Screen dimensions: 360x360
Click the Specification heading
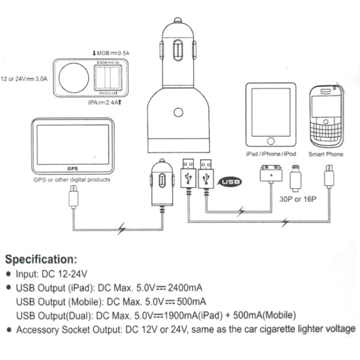[x=41, y=260]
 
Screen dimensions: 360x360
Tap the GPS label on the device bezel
[x=72, y=168]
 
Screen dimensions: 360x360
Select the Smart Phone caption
[x=326, y=154]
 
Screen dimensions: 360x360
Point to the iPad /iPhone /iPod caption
[x=270, y=154]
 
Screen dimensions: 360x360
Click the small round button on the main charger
[x=179, y=113]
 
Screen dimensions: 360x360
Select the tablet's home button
[x=270, y=142]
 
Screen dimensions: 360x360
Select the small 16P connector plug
[x=296, y=180]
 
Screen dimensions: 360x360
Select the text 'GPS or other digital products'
[x=72, y=180]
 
